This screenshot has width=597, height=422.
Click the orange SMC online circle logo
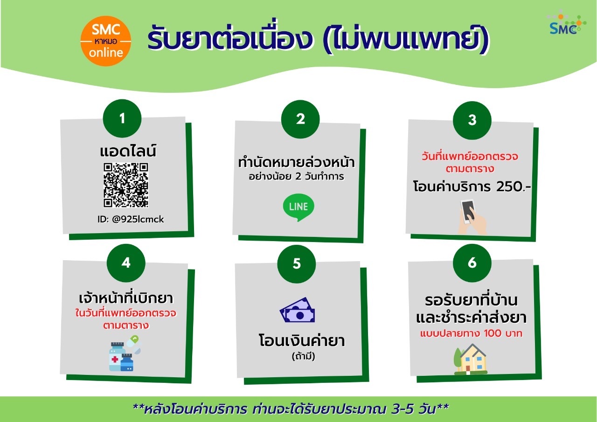pyautogui.click(x=106, y=41)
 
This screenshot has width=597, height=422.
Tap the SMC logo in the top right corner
pyautogui.click(x=567, y=23)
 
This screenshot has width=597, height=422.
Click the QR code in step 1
pyautogui.click(x=126, y=185)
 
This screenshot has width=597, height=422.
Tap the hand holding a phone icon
pyautogui.click(x=472, y=217)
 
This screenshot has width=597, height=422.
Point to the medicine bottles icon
pyautogui.click(x=125, y=353)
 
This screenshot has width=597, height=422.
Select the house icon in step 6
pyautogui.click(x=471, y=359)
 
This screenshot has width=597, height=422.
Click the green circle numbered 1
pyautogui.click(x=122, y=118)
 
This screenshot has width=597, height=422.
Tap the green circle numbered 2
pyautogui.click(x=300, y=119)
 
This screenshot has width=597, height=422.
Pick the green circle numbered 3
pyautogui.click(x=472, y=120)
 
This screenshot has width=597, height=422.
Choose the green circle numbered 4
pyautogui.click(x=126, y=263)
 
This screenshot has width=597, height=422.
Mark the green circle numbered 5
pyautogui.click(x=296, y=264)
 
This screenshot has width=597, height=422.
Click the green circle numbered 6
pyautogui.click(x=472, y=263)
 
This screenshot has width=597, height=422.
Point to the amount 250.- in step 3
pyautogui.click(x=514, y=187)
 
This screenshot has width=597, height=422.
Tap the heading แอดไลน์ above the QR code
pyautogui.click(x=128, y=151)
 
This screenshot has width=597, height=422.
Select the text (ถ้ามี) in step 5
pyautogui.click(x=303, y=356)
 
